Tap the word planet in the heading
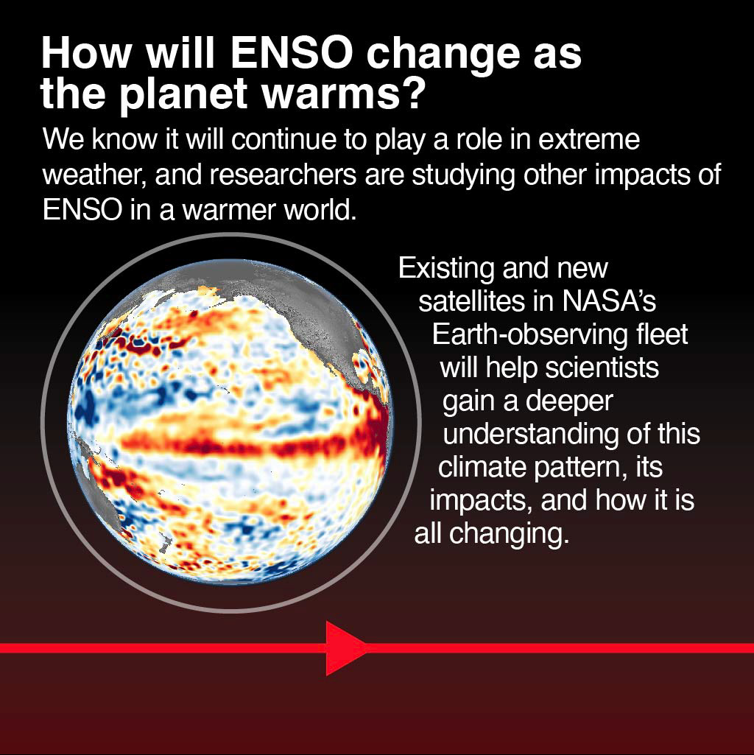[x=183, y=93]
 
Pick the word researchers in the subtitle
[x=283, y=175]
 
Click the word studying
[x=463, y=175]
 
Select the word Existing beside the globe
[x=446, y=268]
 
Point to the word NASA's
[x=609, y=301]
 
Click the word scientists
[x=602, y=368]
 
